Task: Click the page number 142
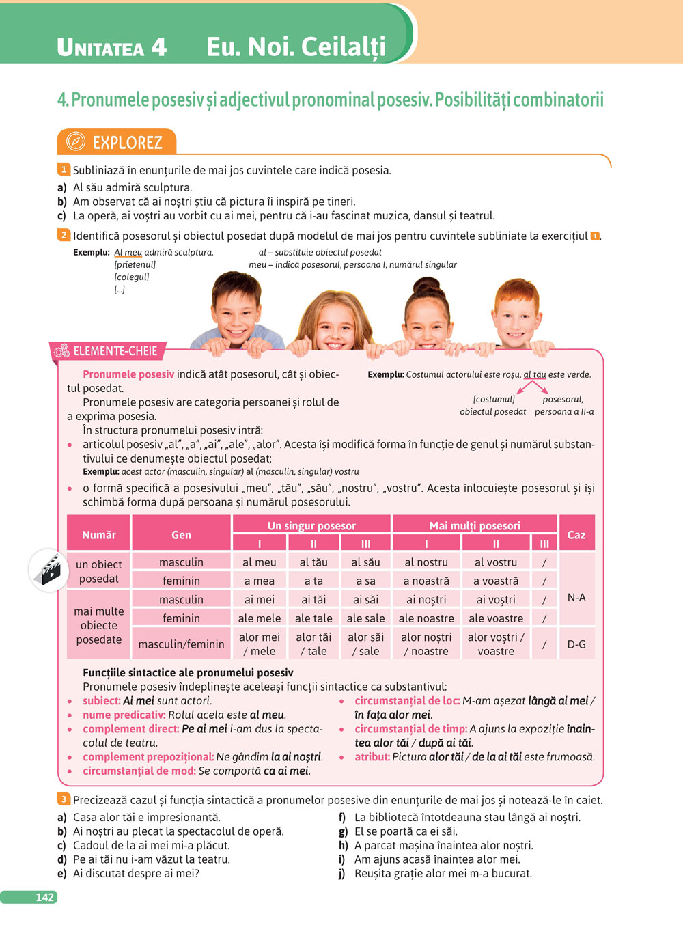click(x=44, y=897)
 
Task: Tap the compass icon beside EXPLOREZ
click(x=75, y=142)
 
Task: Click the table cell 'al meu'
click(x=260, y=562)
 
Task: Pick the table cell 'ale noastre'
click(x=426, y=618)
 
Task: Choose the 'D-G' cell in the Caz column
click(x=576, y=644)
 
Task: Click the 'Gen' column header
click(x=181, y=534)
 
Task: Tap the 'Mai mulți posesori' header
click(x=475, y=525)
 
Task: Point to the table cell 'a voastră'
click(x=496, y=581)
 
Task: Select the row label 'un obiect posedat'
click(x=99, y=571)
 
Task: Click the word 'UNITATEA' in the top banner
click(x=100, y=47)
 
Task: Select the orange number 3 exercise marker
click(x=64, y=799)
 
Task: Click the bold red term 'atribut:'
click(x=372, y=757)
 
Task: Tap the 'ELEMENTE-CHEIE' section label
click(x=115, y=351)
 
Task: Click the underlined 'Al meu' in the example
click(x=128, y=252)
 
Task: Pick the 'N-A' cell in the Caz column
click(x=576, y=597)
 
